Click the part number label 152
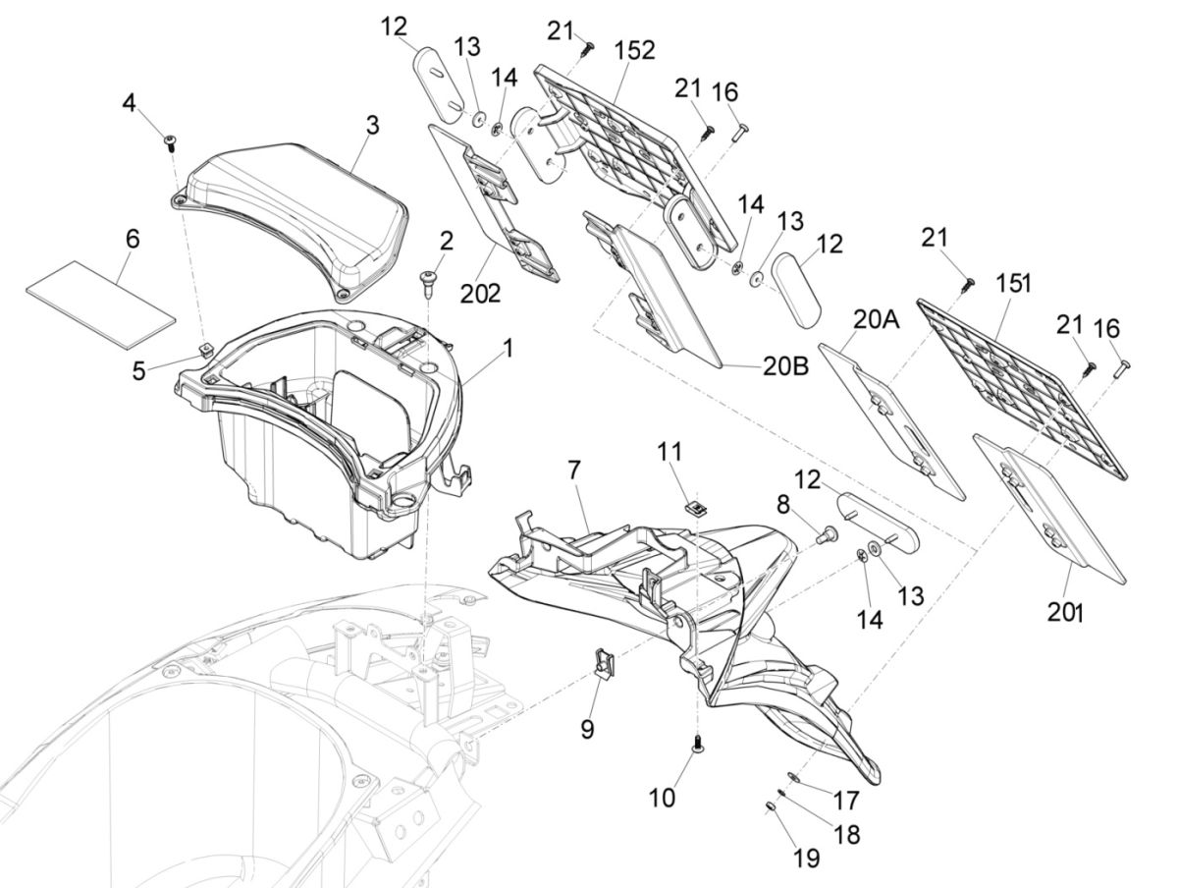coord(635,50)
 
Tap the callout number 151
coord(1012,284)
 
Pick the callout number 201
coord(1064,612)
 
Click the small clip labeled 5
coord(203,349)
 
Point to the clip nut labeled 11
coord(694,508)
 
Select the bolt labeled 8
coord(827,534)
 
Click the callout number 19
coord(805,858)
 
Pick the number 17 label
coord(845,801)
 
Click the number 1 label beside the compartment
coord(509,348)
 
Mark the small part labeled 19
coord(771,807)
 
